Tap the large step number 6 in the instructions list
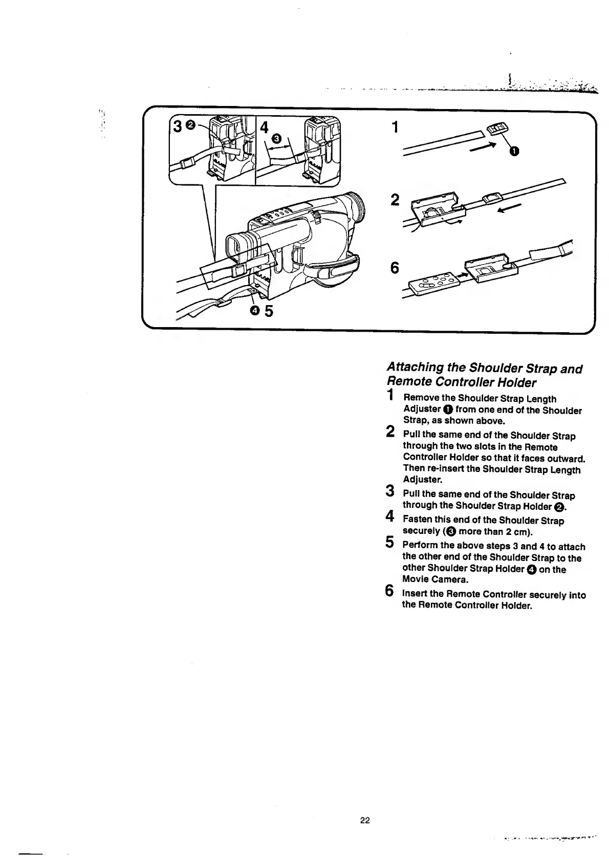pos(390,592)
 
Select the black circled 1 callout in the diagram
pos(514,150)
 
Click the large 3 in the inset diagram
pos(177,126)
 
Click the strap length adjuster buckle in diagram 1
pos(496,127)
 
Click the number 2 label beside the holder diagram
pos(394,200)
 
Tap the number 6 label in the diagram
pos(394,268)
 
